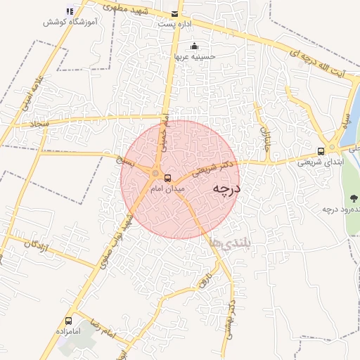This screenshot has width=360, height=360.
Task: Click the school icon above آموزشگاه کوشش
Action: [x=69, y=11]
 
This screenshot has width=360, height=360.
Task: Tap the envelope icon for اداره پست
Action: [x=174, y=13]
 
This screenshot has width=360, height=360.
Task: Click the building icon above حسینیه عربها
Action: [x=195, y=46]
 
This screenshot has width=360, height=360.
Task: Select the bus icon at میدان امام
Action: [x=167, y=177]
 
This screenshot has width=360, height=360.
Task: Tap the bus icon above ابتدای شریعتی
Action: [x=321, y=150]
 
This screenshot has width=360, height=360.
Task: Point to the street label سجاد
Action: [x=35, y=124]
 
